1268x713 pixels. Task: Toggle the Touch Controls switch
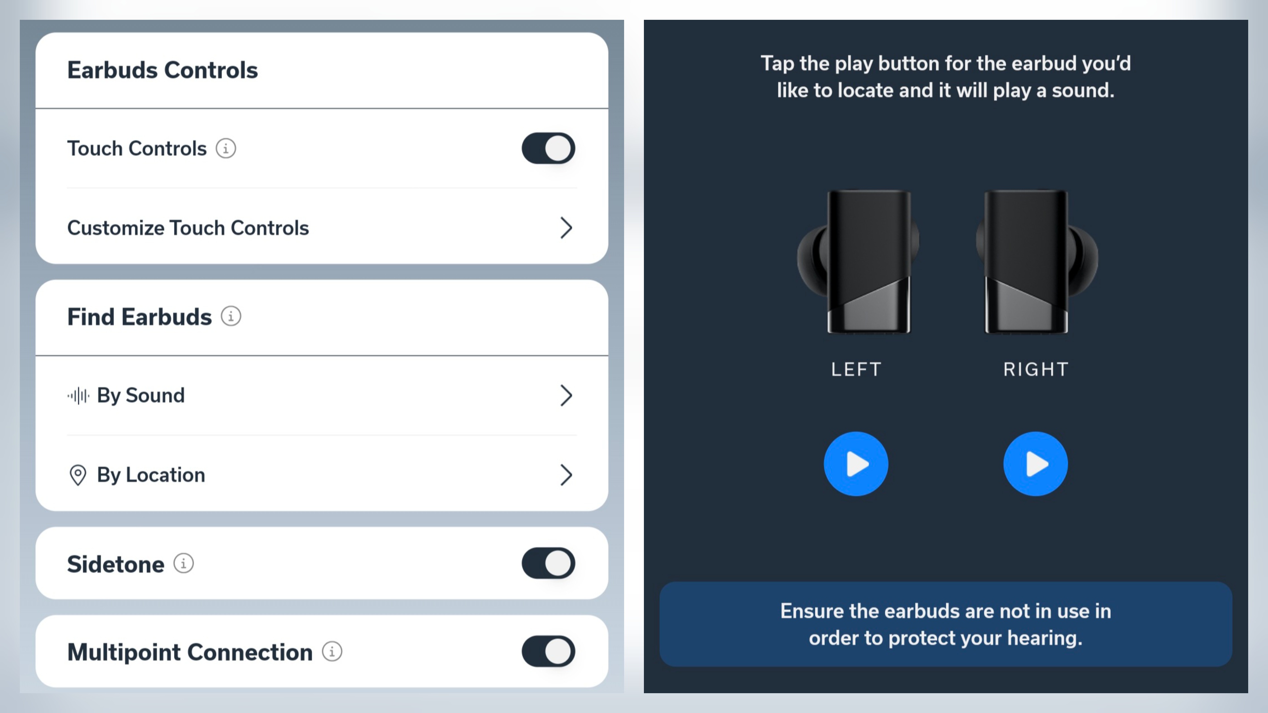click(548, 148)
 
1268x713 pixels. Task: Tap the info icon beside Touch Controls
click(226, 148)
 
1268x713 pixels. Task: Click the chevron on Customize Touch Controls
click(566, 228)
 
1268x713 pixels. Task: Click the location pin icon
click(78, 475)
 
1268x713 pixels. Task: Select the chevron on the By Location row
click(566, 475)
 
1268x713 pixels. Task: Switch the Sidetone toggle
click(548, 563)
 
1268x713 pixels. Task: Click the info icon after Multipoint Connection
click(332, 652)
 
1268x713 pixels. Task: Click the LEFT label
click(856, 369)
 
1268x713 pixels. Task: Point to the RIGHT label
click(1036, 369)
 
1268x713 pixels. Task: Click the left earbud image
click(858, 262)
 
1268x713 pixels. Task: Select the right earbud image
click(1037, 262)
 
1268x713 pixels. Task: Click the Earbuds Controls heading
click(162, 70)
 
